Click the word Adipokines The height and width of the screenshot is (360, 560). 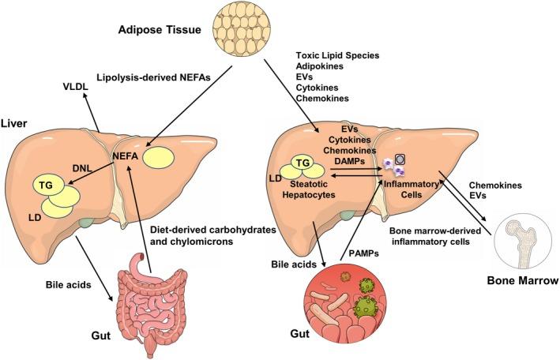pyautogui.click(x=322, y=68)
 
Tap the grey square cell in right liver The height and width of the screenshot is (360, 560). pyautogui.click(x=400, y=159)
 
